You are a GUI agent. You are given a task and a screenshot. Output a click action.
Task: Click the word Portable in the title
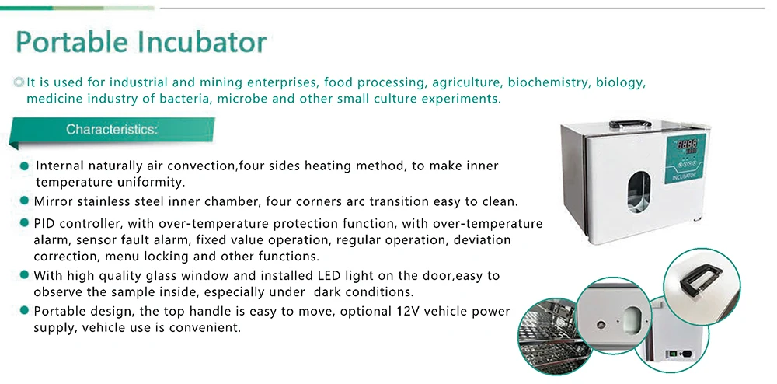71,42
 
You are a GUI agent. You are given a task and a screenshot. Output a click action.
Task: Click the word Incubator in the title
202,42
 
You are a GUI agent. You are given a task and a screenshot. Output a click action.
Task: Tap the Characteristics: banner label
112,130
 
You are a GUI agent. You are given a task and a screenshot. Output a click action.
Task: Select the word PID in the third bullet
44,223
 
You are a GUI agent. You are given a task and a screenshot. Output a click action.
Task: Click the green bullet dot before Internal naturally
24,166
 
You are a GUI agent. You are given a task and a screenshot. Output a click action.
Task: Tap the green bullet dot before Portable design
24,311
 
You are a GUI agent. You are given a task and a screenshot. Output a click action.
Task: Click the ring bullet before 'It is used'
19,82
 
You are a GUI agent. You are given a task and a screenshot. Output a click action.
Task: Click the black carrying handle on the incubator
630,124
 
